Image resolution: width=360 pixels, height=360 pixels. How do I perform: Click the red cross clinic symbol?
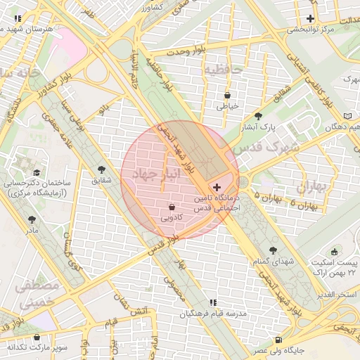pos(217,188)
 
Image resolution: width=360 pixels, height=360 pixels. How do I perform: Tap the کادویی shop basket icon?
pos(172,207)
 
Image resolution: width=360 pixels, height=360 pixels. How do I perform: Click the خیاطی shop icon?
pos(227,95)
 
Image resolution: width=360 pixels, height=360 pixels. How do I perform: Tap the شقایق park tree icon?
pos(102,170)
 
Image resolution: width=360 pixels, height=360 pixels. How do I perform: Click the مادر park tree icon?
pos(32,219)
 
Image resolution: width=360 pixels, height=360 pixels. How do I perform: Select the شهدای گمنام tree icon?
pos(273,250)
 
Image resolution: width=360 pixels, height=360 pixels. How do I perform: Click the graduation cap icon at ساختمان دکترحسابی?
pos(35,172)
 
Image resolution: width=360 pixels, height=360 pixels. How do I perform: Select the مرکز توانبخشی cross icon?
pos(310,18)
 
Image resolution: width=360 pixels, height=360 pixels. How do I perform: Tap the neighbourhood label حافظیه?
pos(223,70)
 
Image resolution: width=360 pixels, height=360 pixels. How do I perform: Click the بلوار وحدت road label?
pos(180,51)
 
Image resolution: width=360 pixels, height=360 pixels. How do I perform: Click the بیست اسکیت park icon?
pos(334,251)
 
